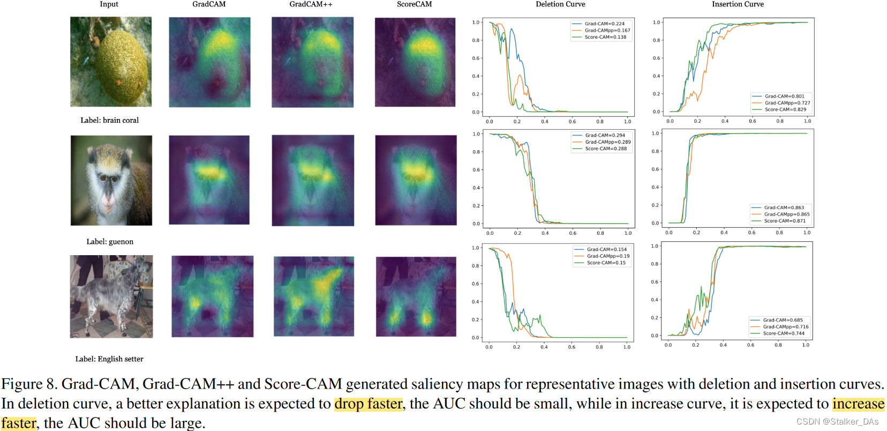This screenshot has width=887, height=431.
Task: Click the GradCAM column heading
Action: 209,4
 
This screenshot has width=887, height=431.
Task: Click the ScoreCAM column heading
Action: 414,4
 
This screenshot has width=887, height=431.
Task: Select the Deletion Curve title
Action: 560,4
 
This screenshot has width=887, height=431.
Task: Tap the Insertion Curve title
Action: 738,4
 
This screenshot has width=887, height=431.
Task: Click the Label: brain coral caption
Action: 109,121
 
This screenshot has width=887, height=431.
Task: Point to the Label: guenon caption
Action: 110,242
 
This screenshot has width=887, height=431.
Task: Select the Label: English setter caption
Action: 109,359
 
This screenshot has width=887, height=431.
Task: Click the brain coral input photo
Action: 111,62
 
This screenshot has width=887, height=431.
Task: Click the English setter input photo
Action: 111,296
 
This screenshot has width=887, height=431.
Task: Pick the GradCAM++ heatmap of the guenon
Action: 313,180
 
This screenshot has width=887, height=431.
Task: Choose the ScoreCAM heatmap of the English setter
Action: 416,296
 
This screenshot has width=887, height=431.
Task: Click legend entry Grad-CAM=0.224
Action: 604,24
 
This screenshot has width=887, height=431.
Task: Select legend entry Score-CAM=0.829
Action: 785,109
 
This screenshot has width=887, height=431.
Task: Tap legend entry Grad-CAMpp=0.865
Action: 786,214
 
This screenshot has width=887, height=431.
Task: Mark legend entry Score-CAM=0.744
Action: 784,333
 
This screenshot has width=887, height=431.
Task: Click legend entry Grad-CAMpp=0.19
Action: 608,256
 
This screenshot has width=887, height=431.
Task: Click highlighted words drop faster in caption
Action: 368,404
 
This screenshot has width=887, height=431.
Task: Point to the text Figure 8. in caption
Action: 29,384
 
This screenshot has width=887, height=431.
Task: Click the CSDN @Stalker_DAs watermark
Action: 837,422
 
